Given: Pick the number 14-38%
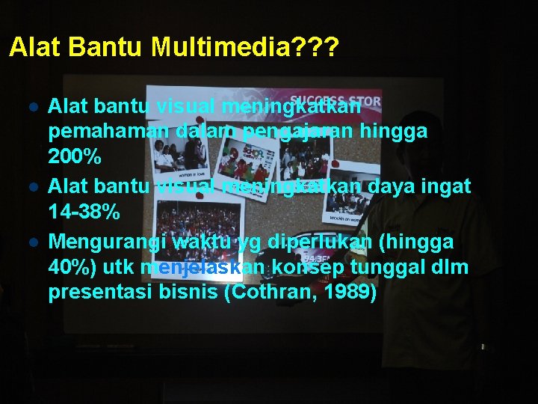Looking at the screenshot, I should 84,212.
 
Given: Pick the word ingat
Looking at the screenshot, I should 449,187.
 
